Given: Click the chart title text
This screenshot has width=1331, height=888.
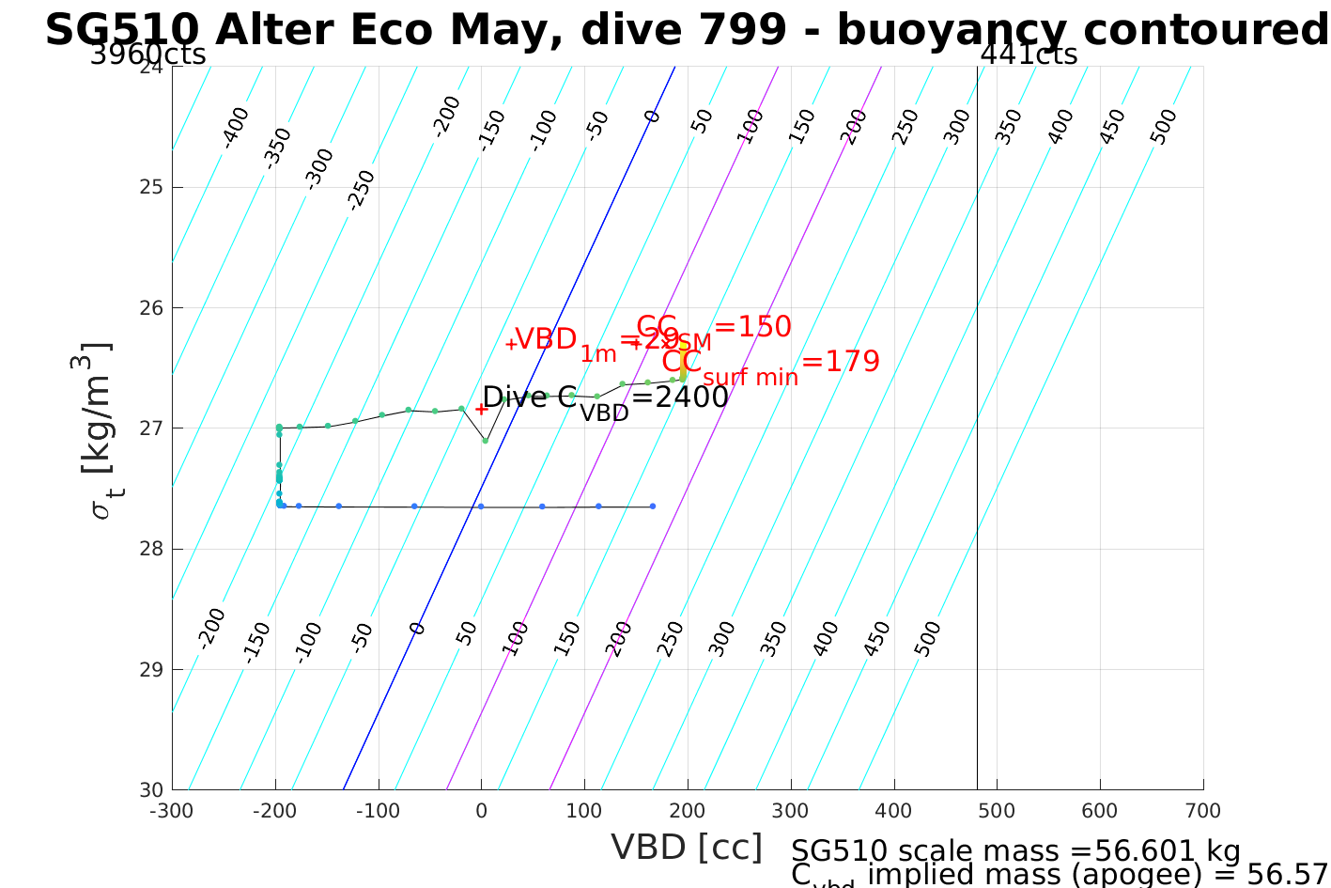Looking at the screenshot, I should click(x=687, y=30).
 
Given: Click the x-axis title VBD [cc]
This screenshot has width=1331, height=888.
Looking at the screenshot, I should click(x=687, y=847).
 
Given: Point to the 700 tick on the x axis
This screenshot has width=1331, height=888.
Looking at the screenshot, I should click(x=1203, y=811).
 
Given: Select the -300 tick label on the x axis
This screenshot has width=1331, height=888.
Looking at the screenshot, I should click(x=172, y=811).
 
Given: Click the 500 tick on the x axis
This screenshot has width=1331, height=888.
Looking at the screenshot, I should click(x=997, y=811).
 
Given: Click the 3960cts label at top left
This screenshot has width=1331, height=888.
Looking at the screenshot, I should click(x=148, y=55).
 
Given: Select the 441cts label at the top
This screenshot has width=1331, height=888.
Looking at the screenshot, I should click(x=1029, y=55).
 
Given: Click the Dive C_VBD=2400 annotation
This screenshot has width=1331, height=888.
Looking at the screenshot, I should click(x=605, y=399).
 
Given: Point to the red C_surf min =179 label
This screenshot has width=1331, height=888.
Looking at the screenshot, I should click(x=770, y=364).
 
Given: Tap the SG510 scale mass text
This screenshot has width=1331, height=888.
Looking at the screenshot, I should click(x=1015, y=851).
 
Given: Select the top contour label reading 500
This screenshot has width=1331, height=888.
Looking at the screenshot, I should click(x=1163, y=127).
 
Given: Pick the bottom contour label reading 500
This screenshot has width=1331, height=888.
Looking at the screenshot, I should click(x=926, y=639).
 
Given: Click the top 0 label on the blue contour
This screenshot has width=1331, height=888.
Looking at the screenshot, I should click(x=652, y=117).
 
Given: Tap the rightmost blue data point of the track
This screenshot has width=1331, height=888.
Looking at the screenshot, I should click(x=653, y=506).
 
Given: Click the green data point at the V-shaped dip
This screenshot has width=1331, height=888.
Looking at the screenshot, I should click(x=485, y=441).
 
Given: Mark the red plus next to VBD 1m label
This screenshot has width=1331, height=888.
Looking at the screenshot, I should click(x=510, y=344).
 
